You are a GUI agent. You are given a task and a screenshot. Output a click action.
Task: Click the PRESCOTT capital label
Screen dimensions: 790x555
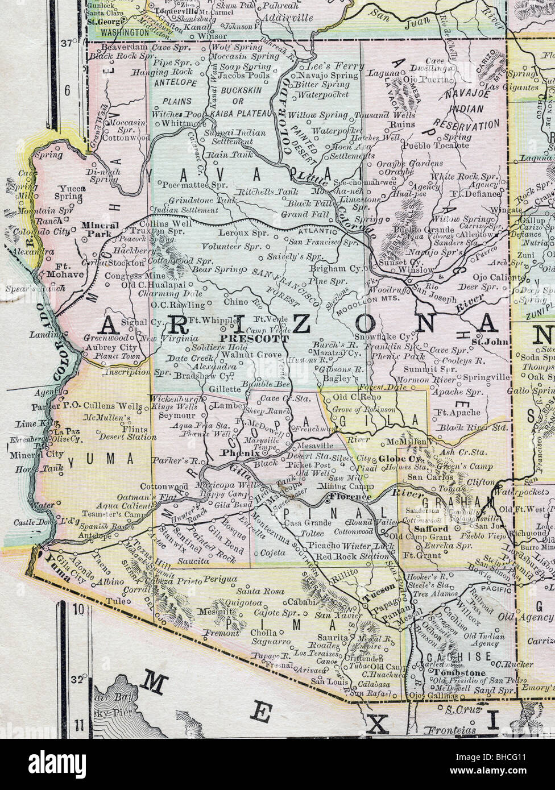coord(254,336)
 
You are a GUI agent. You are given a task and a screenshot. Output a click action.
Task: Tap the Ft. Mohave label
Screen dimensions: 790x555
coord(69,269)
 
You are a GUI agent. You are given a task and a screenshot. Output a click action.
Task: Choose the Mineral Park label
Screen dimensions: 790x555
coord(100,228)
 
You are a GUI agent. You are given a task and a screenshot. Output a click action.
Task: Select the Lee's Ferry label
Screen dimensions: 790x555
coord(330,66)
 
